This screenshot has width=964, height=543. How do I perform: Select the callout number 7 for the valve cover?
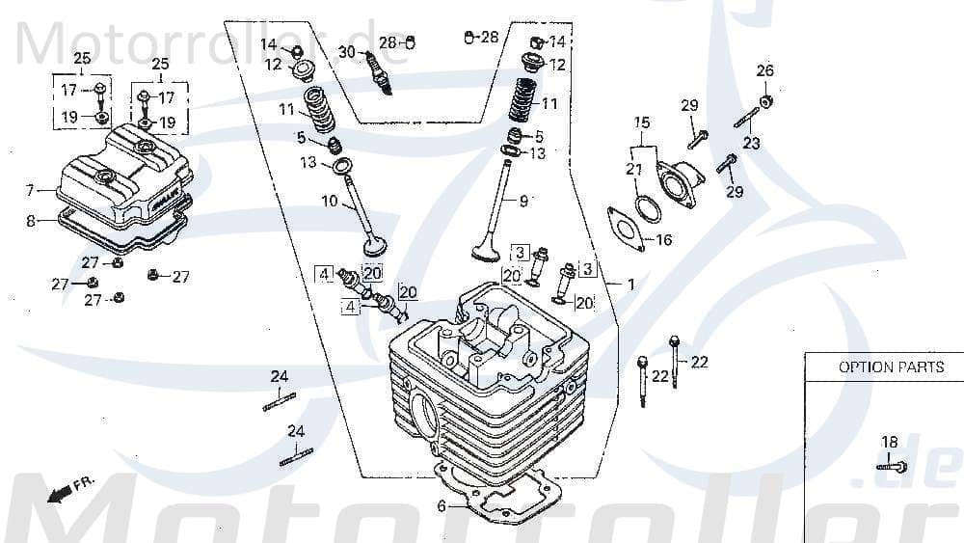30,189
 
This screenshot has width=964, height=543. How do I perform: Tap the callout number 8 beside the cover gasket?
30,221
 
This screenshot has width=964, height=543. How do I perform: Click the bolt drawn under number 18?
893,467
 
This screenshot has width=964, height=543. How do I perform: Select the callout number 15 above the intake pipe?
642,122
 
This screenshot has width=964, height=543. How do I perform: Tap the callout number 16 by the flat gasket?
662,240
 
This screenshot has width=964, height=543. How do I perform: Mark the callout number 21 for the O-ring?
633,169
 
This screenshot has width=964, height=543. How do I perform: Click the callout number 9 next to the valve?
524,202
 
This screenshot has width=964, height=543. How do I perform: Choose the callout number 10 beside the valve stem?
329,202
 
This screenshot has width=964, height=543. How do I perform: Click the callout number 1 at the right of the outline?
630,285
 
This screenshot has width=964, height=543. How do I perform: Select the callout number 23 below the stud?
750,143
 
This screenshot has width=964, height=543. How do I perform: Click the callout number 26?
764,70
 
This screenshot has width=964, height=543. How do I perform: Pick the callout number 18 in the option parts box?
889,442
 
